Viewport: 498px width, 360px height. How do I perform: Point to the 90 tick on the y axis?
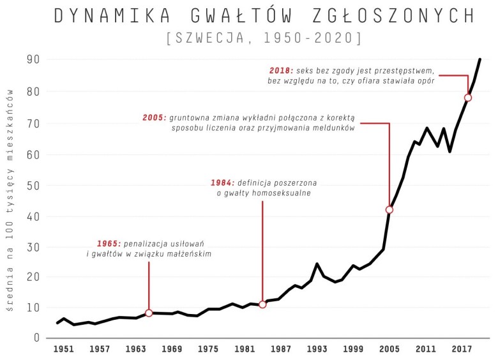coord(33,60)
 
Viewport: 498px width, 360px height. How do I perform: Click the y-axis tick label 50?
coord(33,186)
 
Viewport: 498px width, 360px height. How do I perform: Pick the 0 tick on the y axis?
coord(37,338)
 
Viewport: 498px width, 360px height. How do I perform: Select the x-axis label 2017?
coord(462,349)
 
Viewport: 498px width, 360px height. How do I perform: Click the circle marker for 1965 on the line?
coord(149,313)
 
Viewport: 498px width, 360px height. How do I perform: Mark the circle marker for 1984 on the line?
coord(262,304)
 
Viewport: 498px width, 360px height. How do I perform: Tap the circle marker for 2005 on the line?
coord(389,209)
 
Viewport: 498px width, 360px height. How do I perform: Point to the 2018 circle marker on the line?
coord(468,98)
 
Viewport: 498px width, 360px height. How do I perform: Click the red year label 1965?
coord(109,244)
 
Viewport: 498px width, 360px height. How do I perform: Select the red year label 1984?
coord(223,183)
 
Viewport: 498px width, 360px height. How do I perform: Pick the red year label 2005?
coord(155,118)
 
